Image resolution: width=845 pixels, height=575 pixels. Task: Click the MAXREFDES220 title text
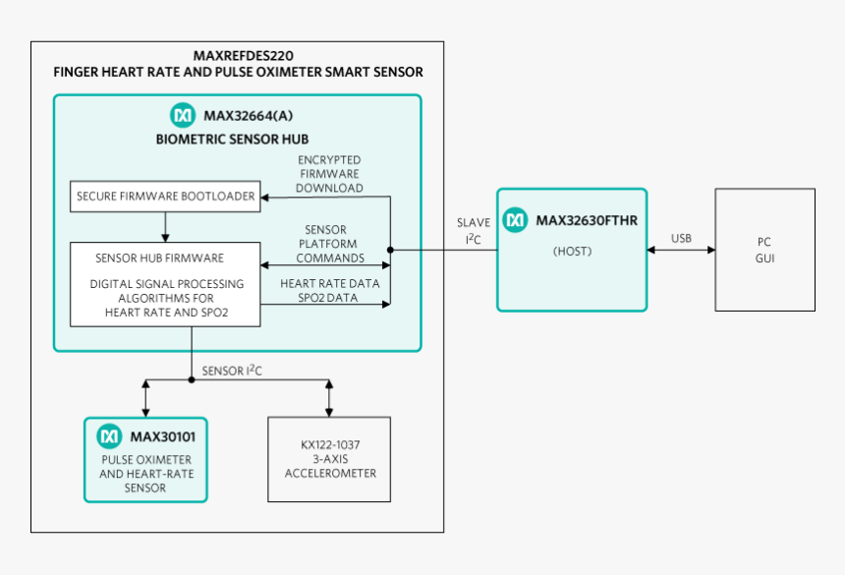click(243, 55)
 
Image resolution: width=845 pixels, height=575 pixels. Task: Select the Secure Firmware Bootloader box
click(165, 197)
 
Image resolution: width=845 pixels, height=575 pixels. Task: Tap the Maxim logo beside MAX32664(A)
click(183, 115)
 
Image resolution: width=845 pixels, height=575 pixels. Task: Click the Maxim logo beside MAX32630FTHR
click(515, 220)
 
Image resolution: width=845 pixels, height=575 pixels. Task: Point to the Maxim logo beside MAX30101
click(109, 436)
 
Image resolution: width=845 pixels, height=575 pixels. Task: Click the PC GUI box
click(764, 250)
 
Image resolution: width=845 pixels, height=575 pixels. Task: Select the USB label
click(681, 238)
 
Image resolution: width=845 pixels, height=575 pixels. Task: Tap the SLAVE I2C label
click(474, 231)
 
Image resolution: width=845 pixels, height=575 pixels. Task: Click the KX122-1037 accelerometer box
click(329, 459)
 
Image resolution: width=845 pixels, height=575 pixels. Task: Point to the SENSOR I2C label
click(232, 371)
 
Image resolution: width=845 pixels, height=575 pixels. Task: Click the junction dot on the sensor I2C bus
click(192, 380)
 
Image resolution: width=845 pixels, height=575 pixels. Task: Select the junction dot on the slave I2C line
click(390, 250)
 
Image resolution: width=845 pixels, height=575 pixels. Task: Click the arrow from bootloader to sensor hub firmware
click(165, 227)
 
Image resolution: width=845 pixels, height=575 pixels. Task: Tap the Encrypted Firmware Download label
click(329, 174)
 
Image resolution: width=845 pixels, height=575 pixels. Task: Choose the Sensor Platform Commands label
click(330, 244)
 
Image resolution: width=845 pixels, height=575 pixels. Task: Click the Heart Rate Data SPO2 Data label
click(330, 291)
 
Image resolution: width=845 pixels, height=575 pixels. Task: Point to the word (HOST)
click(572, 251)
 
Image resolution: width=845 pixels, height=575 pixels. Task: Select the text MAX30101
click(163, 436)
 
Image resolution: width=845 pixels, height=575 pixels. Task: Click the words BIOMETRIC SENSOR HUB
click(232, 139)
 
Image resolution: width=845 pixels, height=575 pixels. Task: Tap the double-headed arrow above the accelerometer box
click(329, 398)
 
